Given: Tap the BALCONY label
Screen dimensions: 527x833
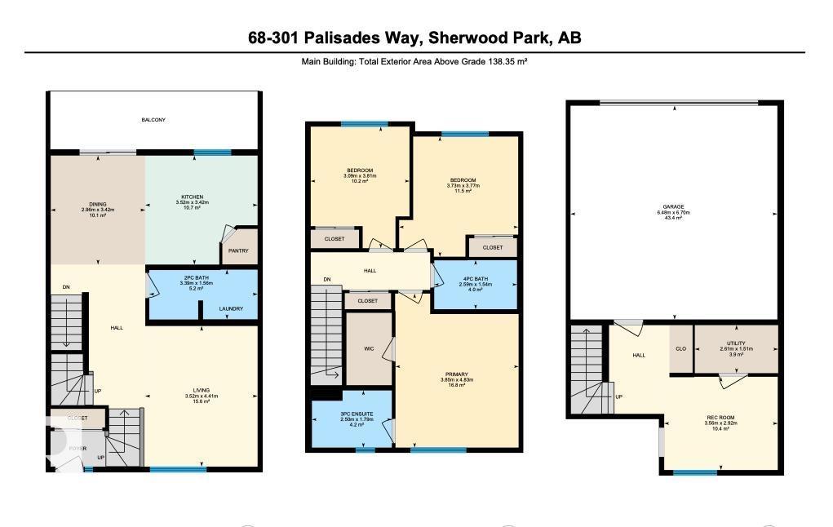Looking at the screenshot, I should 153,120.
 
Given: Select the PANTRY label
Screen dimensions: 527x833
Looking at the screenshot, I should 238,251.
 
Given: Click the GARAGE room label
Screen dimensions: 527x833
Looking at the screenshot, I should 673,207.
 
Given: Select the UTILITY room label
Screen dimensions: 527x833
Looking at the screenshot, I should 736,343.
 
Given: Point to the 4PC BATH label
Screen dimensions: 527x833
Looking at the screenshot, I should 474,278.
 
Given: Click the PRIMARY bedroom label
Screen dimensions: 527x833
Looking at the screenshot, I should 457,374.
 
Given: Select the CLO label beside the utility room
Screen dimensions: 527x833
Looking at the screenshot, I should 680,348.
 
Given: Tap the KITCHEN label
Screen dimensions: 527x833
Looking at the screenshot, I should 193,197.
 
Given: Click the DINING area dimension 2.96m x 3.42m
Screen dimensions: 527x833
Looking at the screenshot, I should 98,210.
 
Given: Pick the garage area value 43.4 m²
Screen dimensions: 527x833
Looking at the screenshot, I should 673,219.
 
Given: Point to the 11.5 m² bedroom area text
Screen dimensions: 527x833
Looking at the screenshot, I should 463,191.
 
